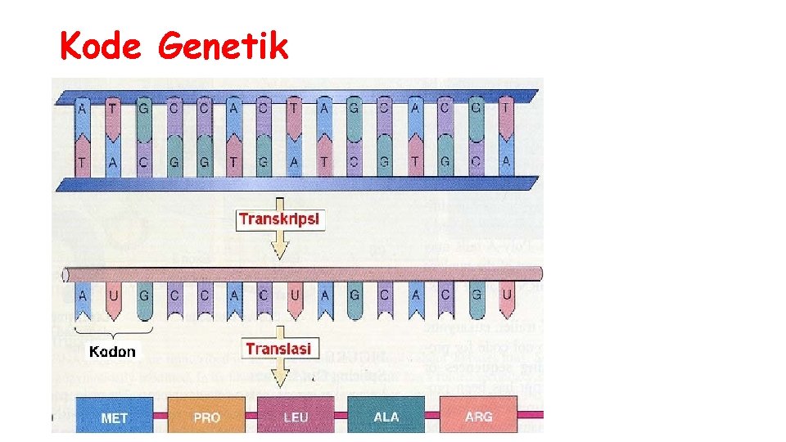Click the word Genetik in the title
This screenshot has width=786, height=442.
pyautogui.click(x=224, y=46)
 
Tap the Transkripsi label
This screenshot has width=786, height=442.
pyautogui.click(x=280, y=219)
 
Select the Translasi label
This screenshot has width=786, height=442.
pyautogui.click(x=278, y=348)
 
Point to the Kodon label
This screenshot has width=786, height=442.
pyautogui.click(x=112, y=352)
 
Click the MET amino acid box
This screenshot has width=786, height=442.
pyautogui.click(x=114, y=417)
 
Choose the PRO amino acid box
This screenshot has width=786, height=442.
pyautogui.click(x=206, y=417)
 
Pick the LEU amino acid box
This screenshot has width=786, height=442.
pyautogui.click(x=296, y=417)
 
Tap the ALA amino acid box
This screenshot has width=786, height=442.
pyautogui.click(x=386, y=416)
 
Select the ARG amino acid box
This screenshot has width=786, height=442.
pyautogui.click(x=478, y=416)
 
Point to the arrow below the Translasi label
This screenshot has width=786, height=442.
pyautogui.click(x=280, y=372)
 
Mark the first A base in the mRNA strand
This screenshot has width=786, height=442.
pyautogui.click(x=83, y=294)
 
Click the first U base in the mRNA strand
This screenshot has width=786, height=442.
pyautogui.click(x=113, y=294)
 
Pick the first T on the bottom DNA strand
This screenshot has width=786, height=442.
pyautogui.click(x=83, y=162)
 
